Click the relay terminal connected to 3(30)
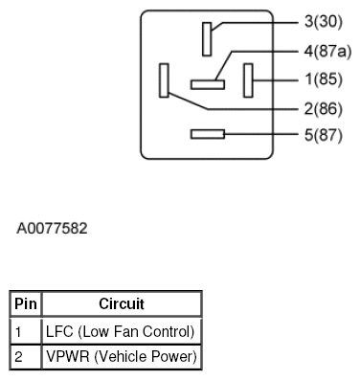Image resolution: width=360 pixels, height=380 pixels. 207,39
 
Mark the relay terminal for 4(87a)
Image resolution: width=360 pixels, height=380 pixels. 207,83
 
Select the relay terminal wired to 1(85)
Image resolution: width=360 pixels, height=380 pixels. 248,79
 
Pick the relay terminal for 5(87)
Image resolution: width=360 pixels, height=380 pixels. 207,135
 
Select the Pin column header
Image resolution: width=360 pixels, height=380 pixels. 26,304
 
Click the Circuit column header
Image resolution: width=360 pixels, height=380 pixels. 122,304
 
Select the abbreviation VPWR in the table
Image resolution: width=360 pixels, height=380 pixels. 65,357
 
